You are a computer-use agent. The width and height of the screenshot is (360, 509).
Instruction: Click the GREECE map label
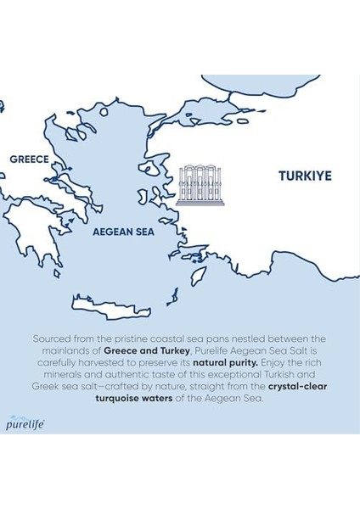click(28, 159)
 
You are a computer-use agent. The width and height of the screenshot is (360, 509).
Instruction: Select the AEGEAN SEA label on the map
click(122, 230)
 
